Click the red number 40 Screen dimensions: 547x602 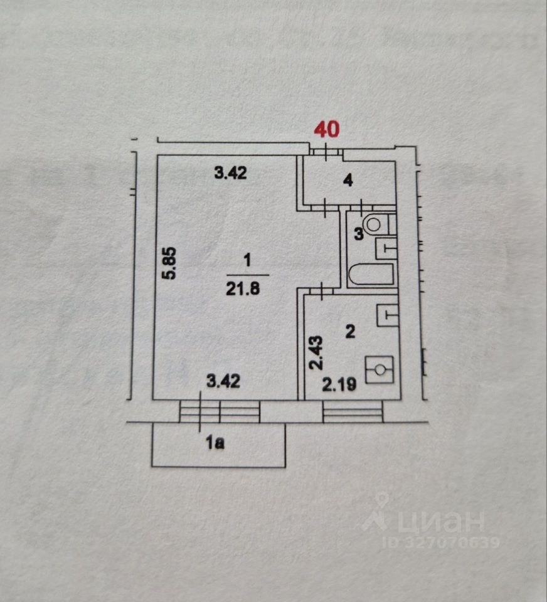coord(326,129)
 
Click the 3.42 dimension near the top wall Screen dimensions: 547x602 coord(230,174)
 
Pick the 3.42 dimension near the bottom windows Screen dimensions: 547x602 coord(224,381)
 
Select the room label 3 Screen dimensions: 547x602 coord(358,235)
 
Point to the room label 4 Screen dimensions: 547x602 coord(349,181)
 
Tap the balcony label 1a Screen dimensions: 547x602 coord(215,444)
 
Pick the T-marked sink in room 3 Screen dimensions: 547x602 coord(386,248)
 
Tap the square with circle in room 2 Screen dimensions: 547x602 coord(380,369)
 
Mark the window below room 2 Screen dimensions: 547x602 coord(352,411)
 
